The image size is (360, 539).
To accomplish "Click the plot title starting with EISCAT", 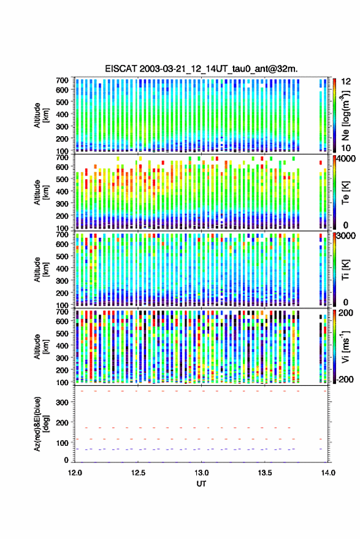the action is (201, 69).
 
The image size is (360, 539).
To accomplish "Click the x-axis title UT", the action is (201, 484).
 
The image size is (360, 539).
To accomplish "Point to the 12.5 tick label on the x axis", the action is (138, 473).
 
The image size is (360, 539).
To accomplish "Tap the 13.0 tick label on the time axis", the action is (202, 473).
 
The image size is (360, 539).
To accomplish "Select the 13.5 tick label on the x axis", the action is (265, 473).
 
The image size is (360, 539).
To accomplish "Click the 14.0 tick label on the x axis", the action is (328, 473).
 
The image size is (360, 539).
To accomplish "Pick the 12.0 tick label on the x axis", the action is (75, 473).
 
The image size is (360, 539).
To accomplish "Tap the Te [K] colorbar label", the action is (345, 193).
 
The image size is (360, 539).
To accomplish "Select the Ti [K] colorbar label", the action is (345, 270).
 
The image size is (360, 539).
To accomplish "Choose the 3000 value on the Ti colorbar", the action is (347, 236).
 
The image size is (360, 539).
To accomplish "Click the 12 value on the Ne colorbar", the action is (347, 82).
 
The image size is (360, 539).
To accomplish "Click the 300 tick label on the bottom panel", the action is (63, 402).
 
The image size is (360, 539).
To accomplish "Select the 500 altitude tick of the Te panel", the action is (62, 179).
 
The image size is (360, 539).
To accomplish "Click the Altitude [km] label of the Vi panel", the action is (41, 346).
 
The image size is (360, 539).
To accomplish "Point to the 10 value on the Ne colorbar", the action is (347, 148).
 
